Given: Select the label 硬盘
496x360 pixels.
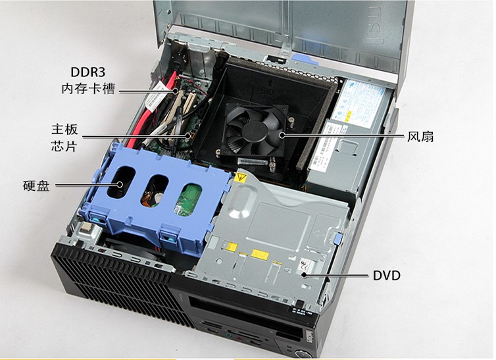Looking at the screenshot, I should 36,186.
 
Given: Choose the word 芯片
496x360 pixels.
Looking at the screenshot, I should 64,146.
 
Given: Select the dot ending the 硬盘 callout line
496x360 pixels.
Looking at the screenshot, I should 119,185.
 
